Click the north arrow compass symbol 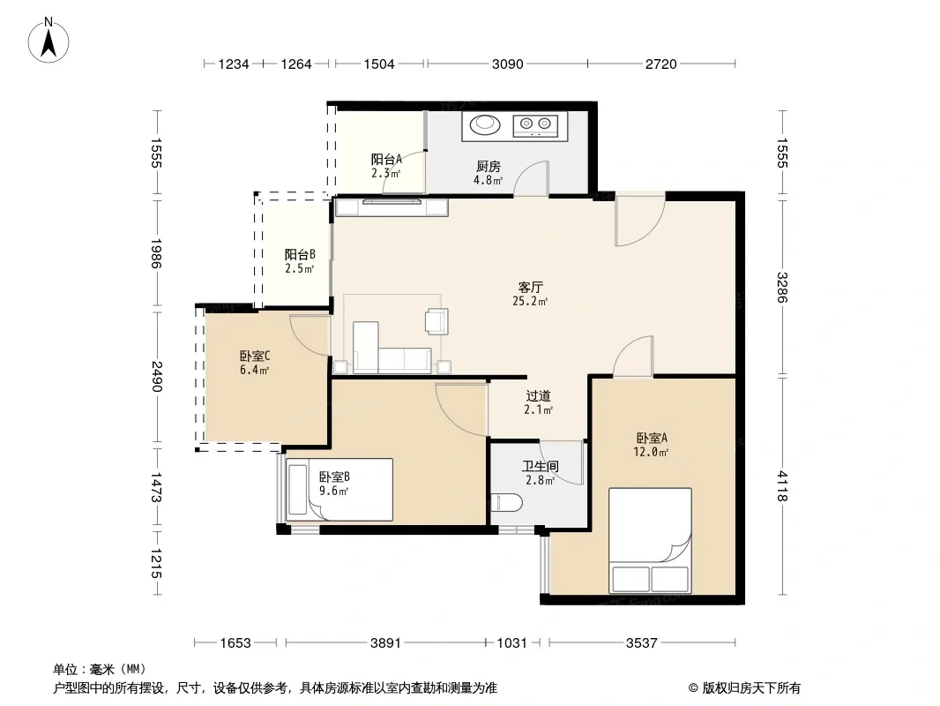coord(48,41)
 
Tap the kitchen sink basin coord(485,124)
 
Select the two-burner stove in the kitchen coord(535,125)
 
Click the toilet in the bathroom coord(506,503)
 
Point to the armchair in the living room coord(436,321)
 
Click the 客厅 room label coord(530,288)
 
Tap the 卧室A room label coord(652,439)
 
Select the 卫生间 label coord(541,466)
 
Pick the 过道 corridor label coord(538,396)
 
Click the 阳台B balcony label coord(300,255)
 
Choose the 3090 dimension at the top coord(508,64)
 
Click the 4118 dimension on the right coord(782,486)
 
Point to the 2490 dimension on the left coord(156,376)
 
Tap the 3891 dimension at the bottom coord(385,643)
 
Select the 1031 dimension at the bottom coord(512,643)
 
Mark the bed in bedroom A coord(650,540)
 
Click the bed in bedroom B coord(339,490)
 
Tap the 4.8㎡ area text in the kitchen coord(488,180)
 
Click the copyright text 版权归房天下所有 coord(751,688)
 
